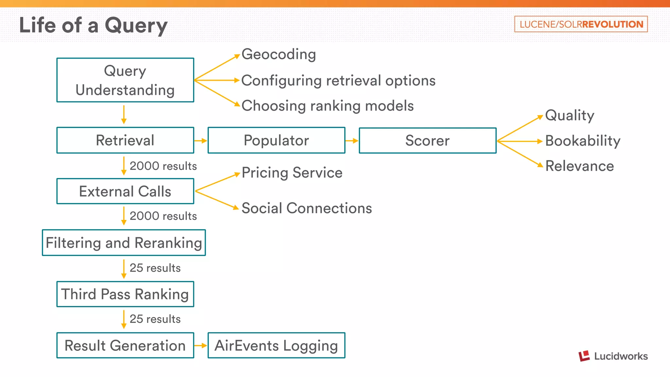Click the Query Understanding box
pyautogui.click(x=125, y=80)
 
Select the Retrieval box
pyautogui.click(x=125, y=140)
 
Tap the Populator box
pyautogui.click(x=276, y=140)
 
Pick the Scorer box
pyautogui.click(x=428, y=140)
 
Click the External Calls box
pyautogui.click(x=125, y=191)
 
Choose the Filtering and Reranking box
pyautogui.click(x=124, y=243)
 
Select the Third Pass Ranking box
pyautogui.click(x=125, y=294)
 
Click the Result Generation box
pyautogui.click(x=125, y=346)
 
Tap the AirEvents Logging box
pyautogui.click(x=276, y=346)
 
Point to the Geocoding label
pyautogui.click(x=279, y=54)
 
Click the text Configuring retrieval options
pyautogui.click(x=338, y=81)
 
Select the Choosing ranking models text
pyautogui.click(x=327, y=106)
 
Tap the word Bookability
pyautogui.click(x=583, y=141)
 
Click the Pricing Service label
pyautogui.click(x=292, y=173)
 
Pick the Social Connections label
pyautogui.click(x=307, y=208)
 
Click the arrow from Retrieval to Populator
pyautogui.click(x=201, y=141)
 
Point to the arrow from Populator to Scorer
pyautogui.click(x=352, y=141)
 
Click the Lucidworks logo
pyautogui.click(x=613, y=356)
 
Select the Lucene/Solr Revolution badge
pyautogui.click(x=581, y=24)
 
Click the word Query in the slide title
pyautogui.click(x=136, y=26)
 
